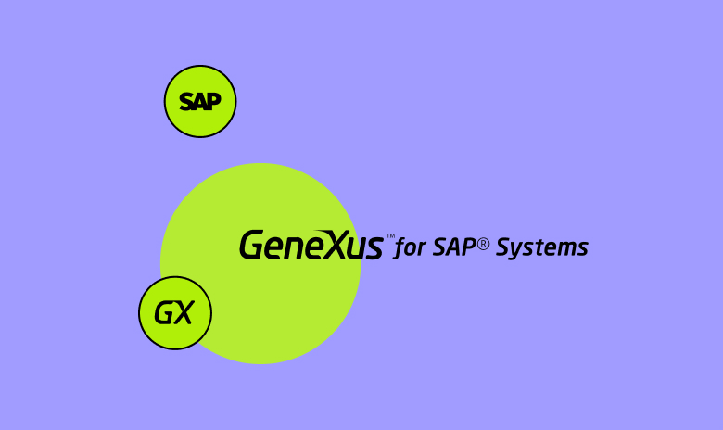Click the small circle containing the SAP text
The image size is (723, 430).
tap(200, 101)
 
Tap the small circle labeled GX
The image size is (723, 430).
tap(175, 312)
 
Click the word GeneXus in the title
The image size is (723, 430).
tap(311, 246)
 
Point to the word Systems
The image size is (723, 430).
tap(542, 248)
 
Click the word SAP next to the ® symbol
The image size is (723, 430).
tap(453, 247)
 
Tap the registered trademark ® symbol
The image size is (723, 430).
tap(483, 243)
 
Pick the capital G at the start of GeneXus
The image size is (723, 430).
tap(253, 246)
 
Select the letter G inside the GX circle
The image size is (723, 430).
tap(164, 313)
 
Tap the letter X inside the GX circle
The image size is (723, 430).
tap(184, 313)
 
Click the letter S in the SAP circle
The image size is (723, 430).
tap(186, 102)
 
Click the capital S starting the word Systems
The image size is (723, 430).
tap(505, 247)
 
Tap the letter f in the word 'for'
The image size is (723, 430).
tap(401, 248)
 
